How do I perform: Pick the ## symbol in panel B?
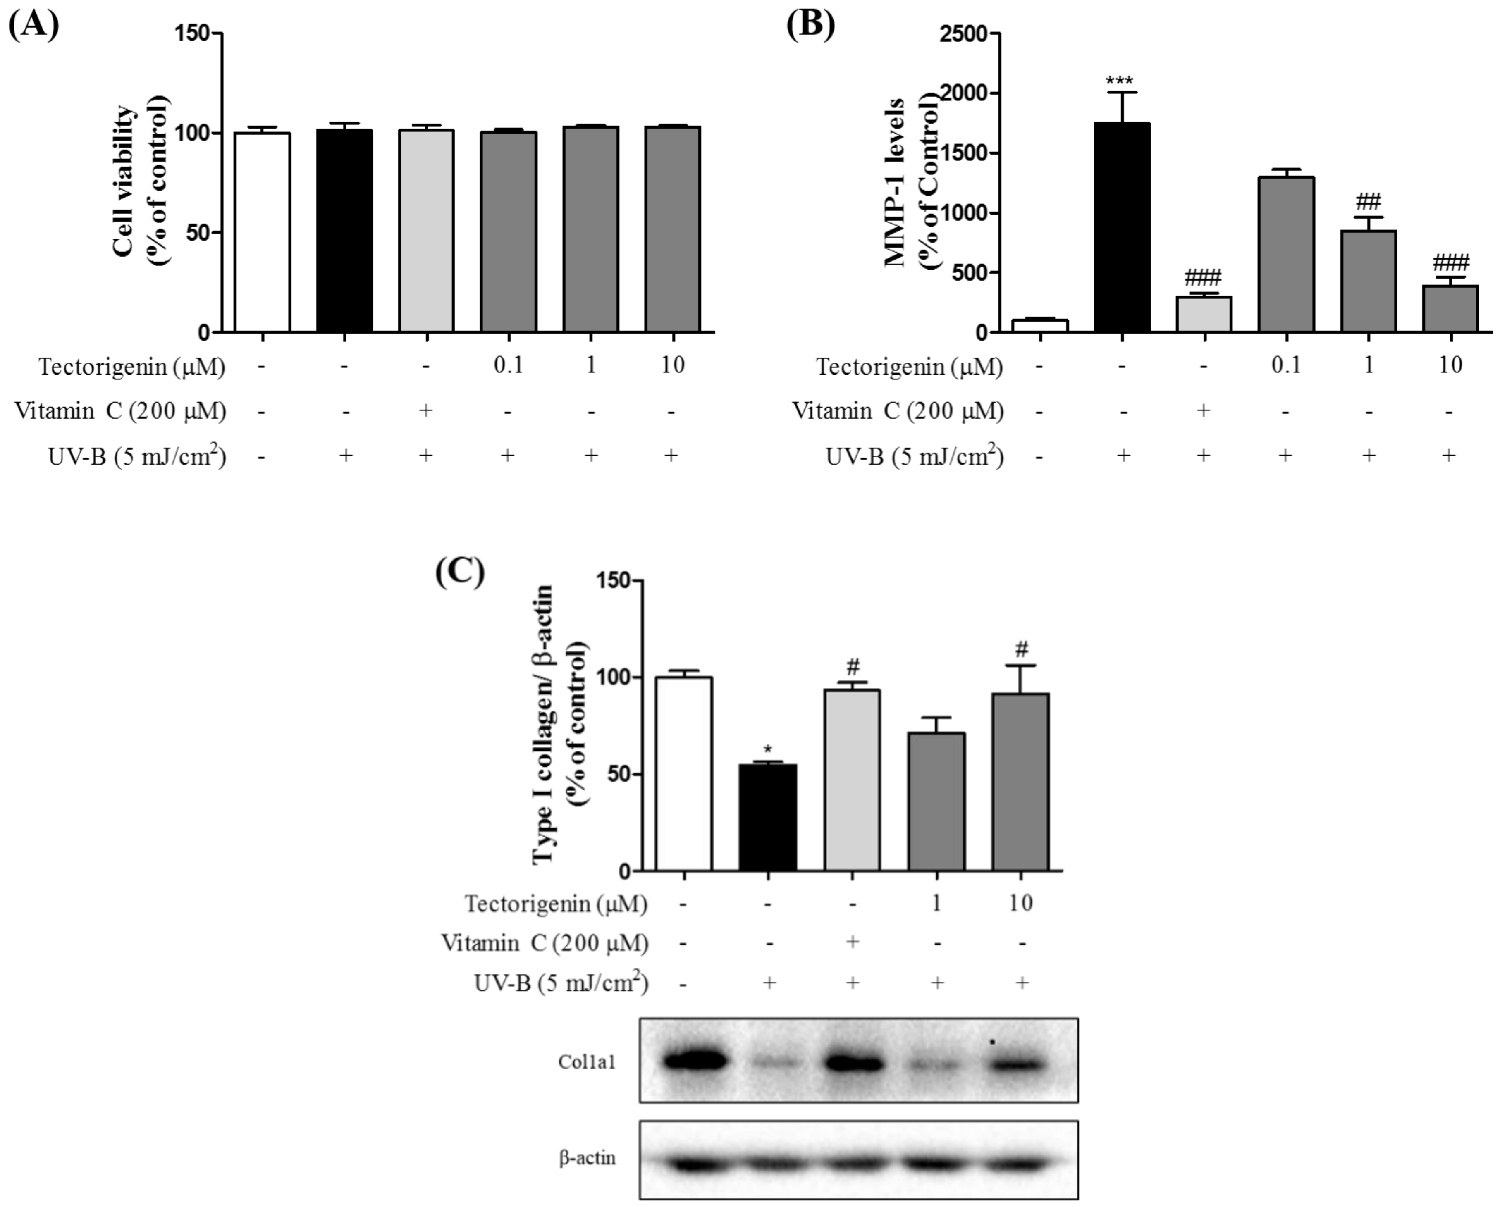point(1368,203)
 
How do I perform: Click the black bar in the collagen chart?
point(768,818)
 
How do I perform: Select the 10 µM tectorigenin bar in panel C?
point(1021,782)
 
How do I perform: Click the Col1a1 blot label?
point(587,1062)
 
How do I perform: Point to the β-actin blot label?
point(587,1158)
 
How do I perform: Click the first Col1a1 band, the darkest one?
point(696,1061)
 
